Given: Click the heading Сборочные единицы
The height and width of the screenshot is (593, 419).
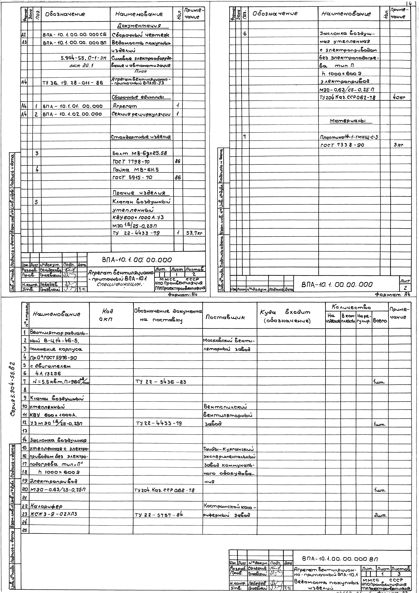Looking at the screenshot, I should pyautogui.click(x=141, y=97).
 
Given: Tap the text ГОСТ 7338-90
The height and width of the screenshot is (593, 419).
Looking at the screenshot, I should pyautogui.click(x=342, y=145).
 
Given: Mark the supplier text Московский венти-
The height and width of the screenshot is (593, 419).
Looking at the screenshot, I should pyautogui.click(x=229, y=341).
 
